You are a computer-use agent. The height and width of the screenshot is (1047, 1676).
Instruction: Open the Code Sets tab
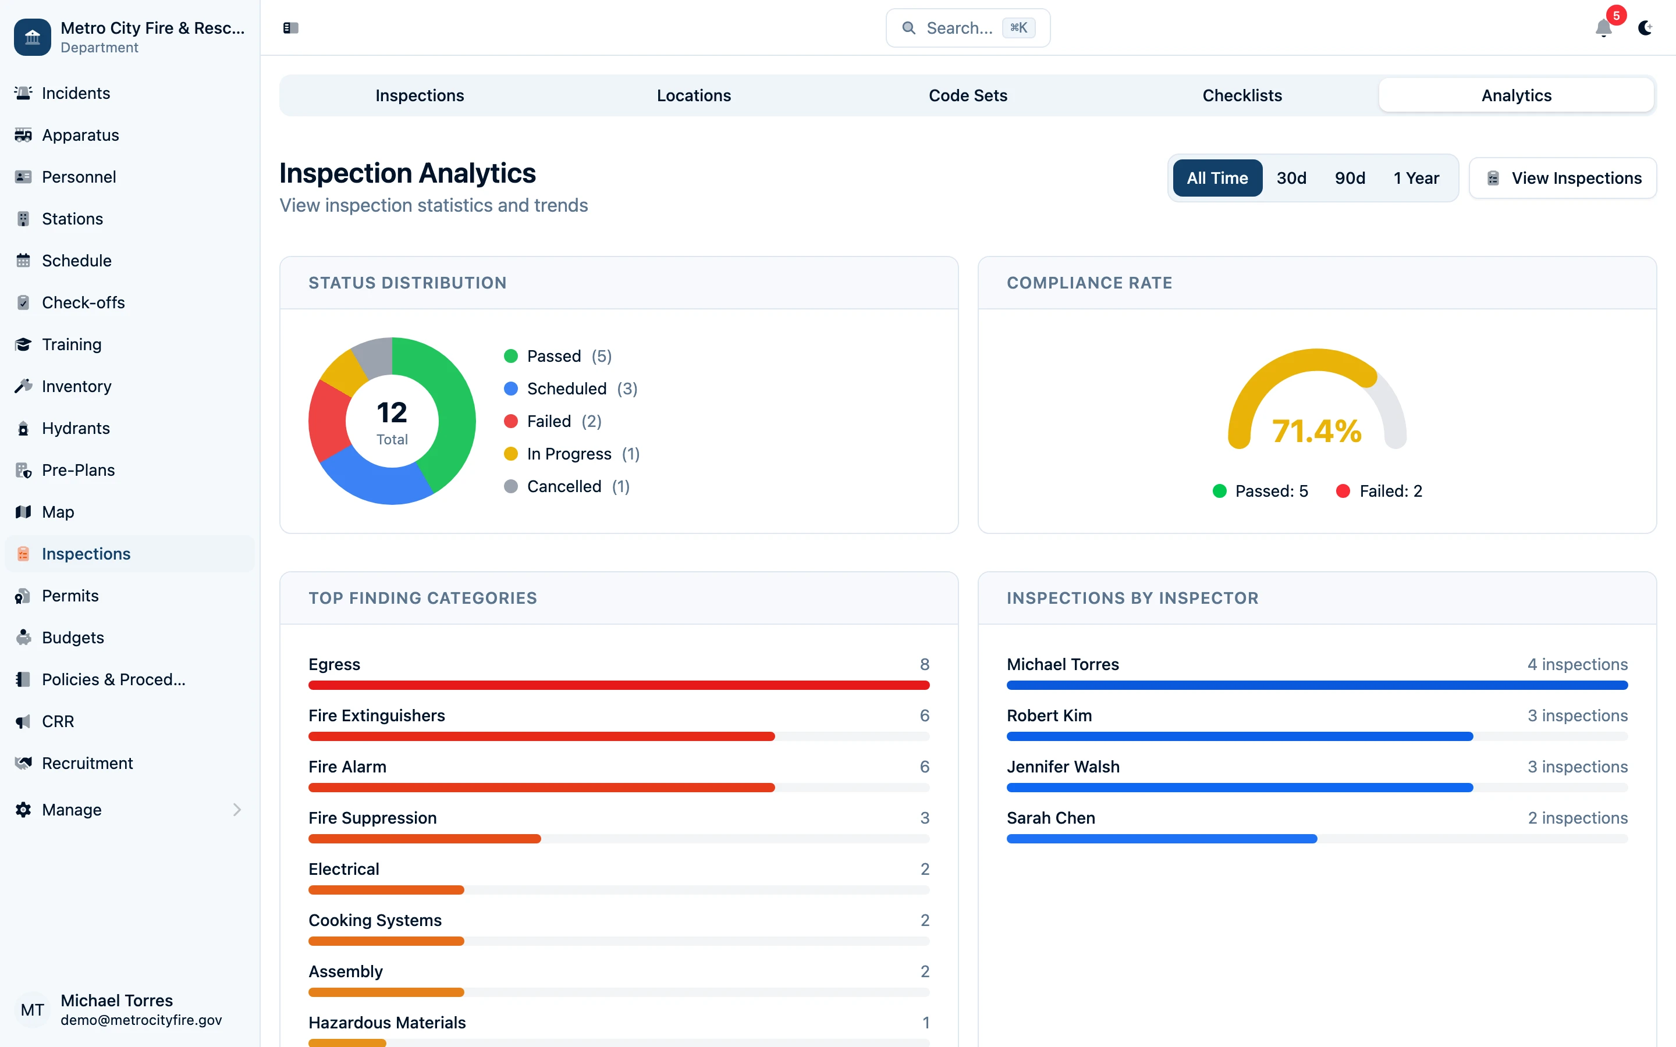(x=968, y=95)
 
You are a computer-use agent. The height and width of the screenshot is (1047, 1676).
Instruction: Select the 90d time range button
(x=1349, y=178)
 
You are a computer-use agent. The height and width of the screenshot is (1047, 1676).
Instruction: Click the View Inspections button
(x=1563, y=178)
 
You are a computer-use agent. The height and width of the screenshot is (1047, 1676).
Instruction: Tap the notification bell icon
(x=1603, y=29)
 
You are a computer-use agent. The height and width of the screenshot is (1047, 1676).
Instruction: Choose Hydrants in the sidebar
(x=76, y=428)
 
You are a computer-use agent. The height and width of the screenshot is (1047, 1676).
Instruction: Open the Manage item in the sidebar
(x=72, y=810)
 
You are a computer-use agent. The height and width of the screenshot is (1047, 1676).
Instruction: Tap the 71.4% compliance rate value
(x=1316, y=432)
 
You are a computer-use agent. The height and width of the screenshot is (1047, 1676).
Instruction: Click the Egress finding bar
(x=618, y=685)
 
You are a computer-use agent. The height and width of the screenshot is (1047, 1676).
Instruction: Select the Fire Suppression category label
(x=372, y=818)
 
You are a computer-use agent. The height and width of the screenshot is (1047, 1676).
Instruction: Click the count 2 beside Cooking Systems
(x=924, y=920)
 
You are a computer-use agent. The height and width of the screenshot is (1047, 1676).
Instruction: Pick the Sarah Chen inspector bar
(x=1161, y=839)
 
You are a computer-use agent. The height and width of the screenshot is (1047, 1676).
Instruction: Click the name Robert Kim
(x=1049, y=715)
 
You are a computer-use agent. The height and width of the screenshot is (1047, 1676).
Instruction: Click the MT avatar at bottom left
(x=32, y=1010)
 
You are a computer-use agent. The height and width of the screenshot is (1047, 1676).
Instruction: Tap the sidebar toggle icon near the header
(x=290, y=28)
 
